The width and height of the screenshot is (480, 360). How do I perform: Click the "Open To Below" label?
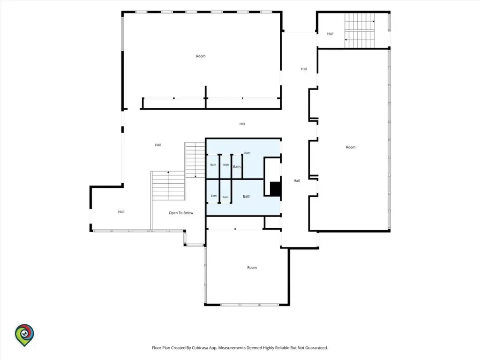click(181, 213)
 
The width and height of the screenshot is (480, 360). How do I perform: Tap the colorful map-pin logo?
click(24, 335)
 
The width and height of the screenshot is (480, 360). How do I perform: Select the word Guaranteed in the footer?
click(316, 348)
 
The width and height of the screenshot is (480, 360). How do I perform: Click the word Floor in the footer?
click(157, 348)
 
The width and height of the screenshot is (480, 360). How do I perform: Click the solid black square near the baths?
click(276, 189)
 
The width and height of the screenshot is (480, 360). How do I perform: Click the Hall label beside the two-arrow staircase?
click(330, 34)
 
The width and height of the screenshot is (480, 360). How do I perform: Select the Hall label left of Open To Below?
click(121, 212)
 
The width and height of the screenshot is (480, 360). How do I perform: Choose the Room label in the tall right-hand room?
click(351, 147)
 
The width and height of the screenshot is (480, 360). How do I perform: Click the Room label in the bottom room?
click(252, 268)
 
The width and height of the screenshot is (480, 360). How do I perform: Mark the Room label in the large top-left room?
click(201, 56)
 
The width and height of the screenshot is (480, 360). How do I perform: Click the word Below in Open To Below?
click(188, 213)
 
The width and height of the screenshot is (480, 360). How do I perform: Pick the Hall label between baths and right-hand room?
click(297, 180)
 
